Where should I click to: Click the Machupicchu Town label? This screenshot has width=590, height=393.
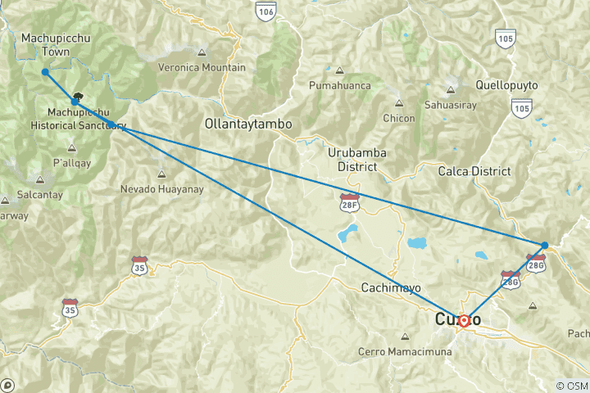tap(45, 44)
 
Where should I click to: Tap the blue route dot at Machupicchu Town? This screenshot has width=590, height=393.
tap(45, 72)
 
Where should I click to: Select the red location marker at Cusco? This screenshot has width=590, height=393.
tap(463, 321)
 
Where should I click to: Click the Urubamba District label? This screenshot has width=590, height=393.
tap(356, 160)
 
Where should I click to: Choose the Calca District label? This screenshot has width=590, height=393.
tap(474, 171)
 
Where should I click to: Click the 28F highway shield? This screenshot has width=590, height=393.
tap(350, 200)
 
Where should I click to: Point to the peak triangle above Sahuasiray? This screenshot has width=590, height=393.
tap(450, 90)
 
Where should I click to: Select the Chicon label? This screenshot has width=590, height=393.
tap(399, 118)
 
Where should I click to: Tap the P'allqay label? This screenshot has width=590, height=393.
tap(70, 162)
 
